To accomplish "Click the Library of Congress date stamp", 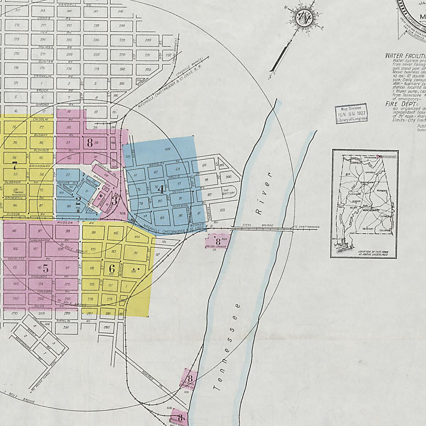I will (x=351, y=114).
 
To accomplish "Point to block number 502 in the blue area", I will (x=168, y=150).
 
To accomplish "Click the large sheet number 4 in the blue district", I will (x=161, y=189).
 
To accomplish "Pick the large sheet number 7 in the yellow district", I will (x=15, y=165).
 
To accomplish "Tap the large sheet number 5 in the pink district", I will (x=45, y=268).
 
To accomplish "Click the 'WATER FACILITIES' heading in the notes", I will (x=405, y=56).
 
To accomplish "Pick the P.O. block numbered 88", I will (x=69, y=206).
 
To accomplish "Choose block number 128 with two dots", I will (x=133, y=271).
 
